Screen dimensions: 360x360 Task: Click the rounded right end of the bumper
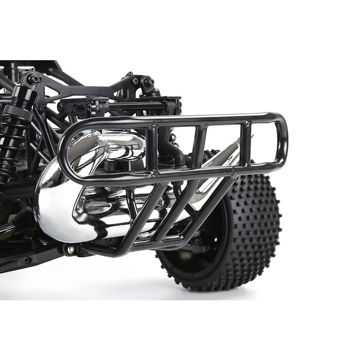click(x=282, y=139)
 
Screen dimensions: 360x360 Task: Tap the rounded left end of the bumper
click(x=64, y=154)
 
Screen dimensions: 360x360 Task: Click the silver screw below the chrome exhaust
click(x=70, y=250)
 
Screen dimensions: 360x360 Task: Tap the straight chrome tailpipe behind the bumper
click(x=216, y=165)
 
